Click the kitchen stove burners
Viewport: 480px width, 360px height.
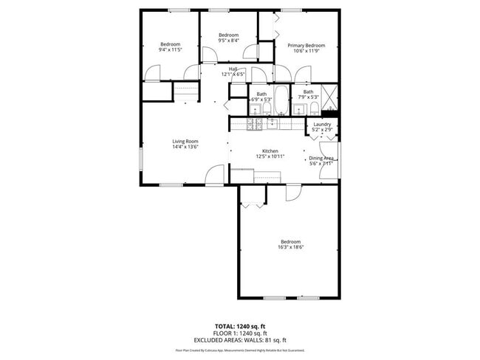[255, 124]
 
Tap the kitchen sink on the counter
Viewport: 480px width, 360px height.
[272, 123]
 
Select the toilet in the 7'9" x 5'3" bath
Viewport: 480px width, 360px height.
[314, 110]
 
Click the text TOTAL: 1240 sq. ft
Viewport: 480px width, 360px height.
[240, 325]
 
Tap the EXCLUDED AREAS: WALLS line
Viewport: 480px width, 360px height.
[240, 339]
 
